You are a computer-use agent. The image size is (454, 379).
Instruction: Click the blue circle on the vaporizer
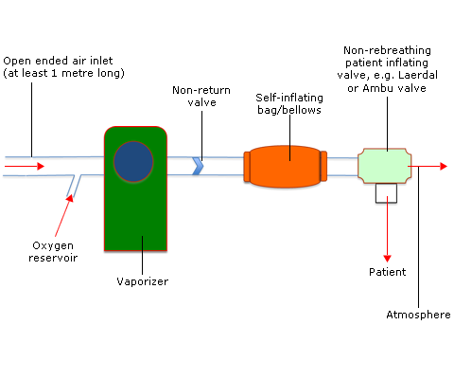[x=133, y=161]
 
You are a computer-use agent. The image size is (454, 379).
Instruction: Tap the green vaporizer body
[x=135, y=215]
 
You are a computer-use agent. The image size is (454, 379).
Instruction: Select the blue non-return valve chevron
[x=198, y=166]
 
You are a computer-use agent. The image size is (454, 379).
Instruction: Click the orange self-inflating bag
[x=286, y=167]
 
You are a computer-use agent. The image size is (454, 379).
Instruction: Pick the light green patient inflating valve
[x=385, y=166]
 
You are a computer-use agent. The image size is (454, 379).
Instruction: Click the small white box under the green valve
[x=386, y=193]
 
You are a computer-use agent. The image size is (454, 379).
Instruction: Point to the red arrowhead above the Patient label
[x=387, y=259]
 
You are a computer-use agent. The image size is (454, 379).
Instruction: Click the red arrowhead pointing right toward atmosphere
[x=444, y=166]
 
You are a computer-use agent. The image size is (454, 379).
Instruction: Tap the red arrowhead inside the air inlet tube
[x=41, y=166]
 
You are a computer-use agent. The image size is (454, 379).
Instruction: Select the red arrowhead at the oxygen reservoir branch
[x=70, y=198]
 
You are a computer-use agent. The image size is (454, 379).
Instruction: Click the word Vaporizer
[x=143, y=281]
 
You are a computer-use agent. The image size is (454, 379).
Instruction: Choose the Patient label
[x=388, y=272]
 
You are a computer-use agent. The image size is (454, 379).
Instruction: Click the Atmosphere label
[x=418, y=315]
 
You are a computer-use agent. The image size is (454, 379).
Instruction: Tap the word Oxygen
[x=53, y=245]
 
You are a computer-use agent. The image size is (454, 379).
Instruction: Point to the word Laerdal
[x=418, y=75]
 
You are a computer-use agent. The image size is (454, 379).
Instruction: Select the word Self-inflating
[x=289, y=98]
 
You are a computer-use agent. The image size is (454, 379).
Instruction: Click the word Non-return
[x=201, y=90]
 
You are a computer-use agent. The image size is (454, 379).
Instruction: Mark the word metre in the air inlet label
[x=78, y=73]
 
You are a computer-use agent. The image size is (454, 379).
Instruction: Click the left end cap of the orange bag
[x=247, y=167]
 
